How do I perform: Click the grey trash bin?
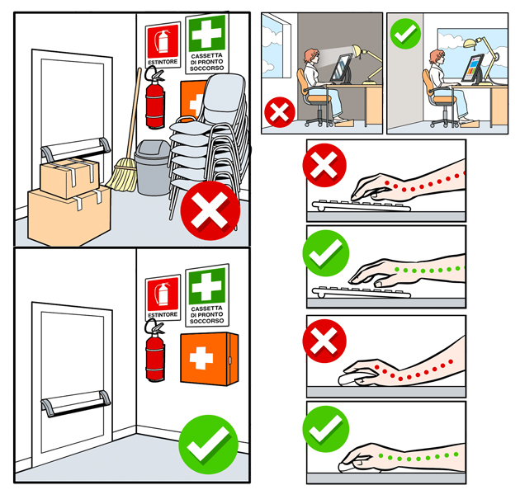[152, 168]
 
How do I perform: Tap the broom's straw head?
[122, 176]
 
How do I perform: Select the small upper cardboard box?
[69, 177]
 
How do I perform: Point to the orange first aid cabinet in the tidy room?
[210, 359]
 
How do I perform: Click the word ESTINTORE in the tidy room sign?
[163, 314]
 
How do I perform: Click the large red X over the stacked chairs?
[210, 210]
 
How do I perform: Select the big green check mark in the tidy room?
[209, 445]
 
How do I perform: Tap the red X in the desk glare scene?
[280, 112]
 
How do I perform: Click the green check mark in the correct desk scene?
[405, 34]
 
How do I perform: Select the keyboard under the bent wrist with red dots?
[362, 205]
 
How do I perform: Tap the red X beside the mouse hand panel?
[324, 341]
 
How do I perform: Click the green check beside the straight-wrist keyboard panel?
[326, 253]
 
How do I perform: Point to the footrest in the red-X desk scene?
[344, 123]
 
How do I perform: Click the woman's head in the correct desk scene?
[437, 57]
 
